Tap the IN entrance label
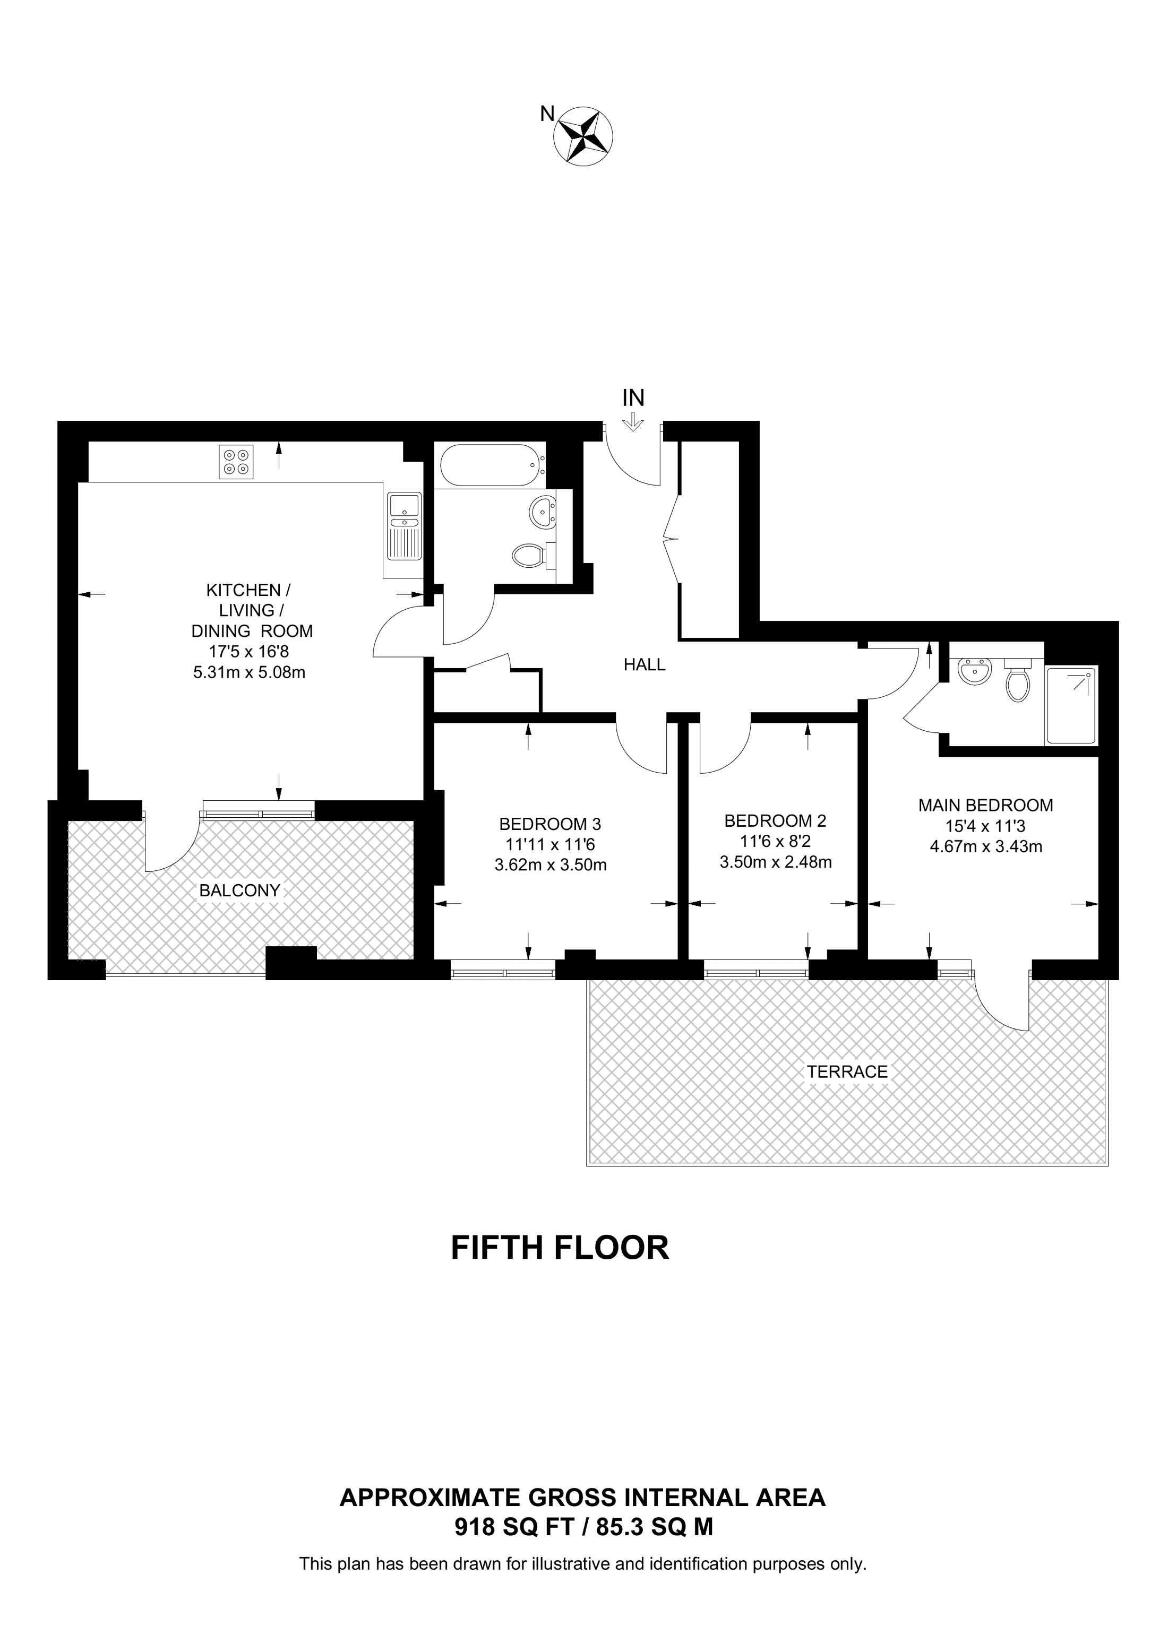coord(633,398)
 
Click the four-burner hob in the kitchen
coord(237,461)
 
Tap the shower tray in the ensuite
coord(1071,706)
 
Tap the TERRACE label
coord(847,1071)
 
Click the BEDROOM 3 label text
coord(550,824)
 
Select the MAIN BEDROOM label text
coord(985,805)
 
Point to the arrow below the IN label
coord(633,421)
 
